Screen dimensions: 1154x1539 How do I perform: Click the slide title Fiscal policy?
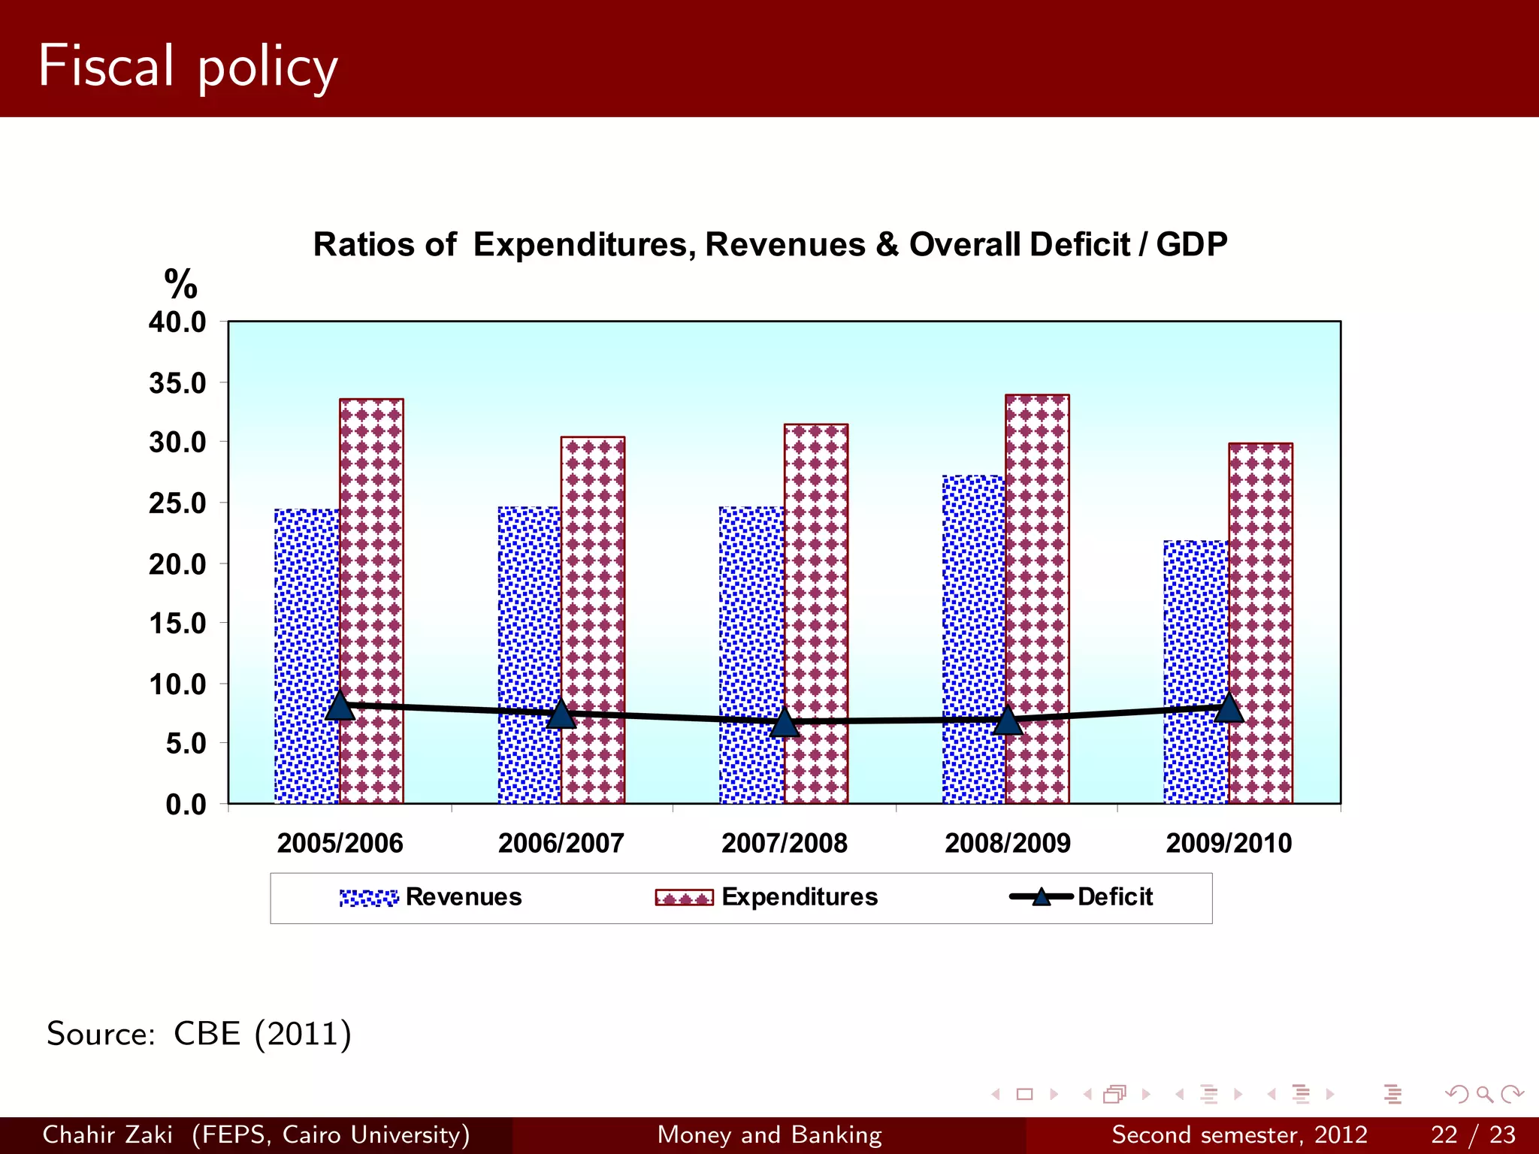click(188, 66)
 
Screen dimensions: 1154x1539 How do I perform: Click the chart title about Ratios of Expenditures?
click(769, 245)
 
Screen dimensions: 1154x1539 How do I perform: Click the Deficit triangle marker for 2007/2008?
click(785, 723)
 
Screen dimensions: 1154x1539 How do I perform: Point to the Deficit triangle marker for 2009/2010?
click(1229, 708)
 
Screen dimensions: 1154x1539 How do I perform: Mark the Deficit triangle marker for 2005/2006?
click(340, 706)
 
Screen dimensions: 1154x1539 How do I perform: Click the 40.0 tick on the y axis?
click(177, 322)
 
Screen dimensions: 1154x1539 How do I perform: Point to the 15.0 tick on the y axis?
click(177, 624)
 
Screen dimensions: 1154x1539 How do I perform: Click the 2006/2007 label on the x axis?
click(561, 843)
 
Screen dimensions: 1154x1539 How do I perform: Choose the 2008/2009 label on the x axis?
click(1008, 843)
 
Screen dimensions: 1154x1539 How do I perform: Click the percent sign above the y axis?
click(180, 285)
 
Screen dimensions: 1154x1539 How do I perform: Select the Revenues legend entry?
click(431, 897)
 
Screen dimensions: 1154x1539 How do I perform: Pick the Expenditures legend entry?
click(766, 897)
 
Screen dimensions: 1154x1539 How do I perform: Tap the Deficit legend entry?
click(1082, 897)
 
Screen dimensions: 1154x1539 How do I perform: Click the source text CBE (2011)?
click(199, 1034)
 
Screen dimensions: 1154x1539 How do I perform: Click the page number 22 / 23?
click(1473, 1134)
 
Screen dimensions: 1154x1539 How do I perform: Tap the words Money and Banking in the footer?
click(769, 1134)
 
